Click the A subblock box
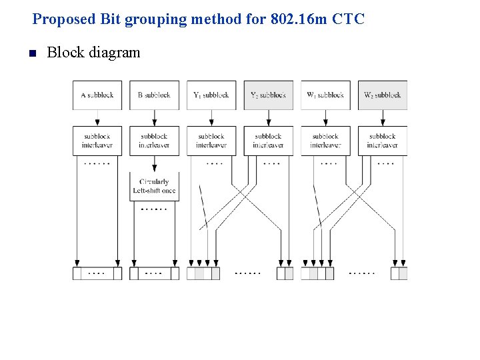(97, 95)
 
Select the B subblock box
(154, 95)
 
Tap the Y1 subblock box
(211, 95)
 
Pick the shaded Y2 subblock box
(268, 95)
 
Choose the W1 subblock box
(325, 95)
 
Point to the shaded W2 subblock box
(382, 95)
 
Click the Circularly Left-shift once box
(154, 186)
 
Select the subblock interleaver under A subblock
(97, 141)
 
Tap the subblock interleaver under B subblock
(154, 141)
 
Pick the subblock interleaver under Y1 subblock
(211, 141)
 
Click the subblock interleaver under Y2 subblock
(268, 141)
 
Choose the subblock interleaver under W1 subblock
(325, 141)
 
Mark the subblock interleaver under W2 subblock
(382, 141)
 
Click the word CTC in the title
(348, 19)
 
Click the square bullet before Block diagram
(31, 53)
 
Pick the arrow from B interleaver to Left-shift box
(154, 164)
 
